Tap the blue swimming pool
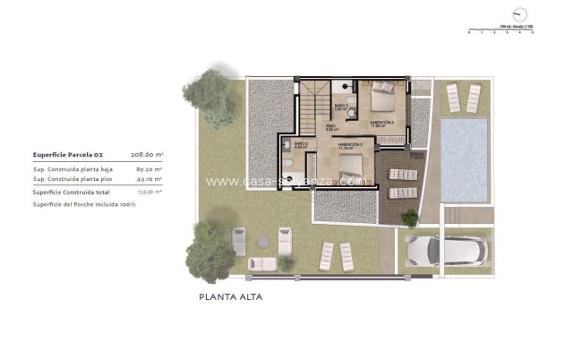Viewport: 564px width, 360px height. [x=464, y=160]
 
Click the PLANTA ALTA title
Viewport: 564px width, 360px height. [x=231, y=296]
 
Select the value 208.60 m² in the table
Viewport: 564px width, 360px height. [x=147, y=154]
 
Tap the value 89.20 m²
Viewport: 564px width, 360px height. [x=149, y=168]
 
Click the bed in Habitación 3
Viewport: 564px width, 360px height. [x=383, y=93]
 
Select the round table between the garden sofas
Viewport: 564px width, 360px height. [x=262, y=242]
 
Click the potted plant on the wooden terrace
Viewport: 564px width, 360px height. [x=410, y=217]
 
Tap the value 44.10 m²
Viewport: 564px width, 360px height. [x=149, y=178]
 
